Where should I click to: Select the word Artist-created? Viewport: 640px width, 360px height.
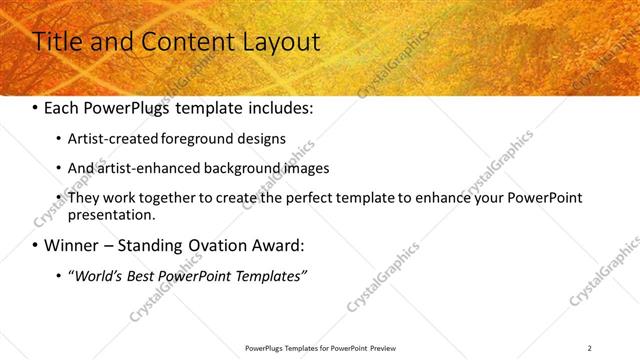[x=114, y=139]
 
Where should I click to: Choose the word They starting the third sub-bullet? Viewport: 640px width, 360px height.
[x=83, y=198]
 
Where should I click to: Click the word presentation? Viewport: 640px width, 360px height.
[x=112, y=214]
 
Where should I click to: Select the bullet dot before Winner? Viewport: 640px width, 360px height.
[x=36, y=246]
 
